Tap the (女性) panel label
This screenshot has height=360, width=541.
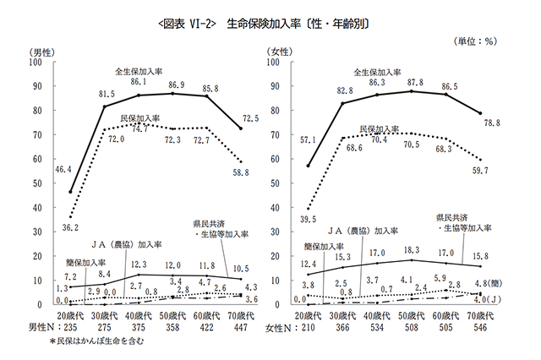[281, 52]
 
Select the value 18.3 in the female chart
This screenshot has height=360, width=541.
[411, 251]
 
